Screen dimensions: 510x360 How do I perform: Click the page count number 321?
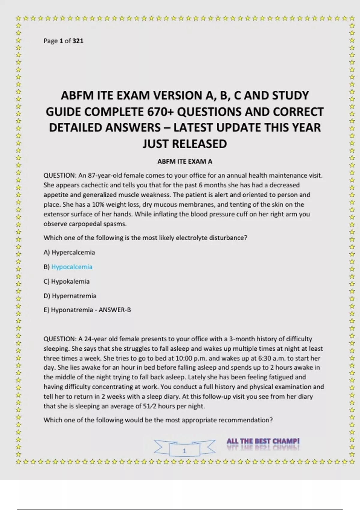pos(78,41)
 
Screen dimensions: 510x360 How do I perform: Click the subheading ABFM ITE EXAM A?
pos(185,161)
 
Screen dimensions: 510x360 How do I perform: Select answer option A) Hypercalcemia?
pos(69,252)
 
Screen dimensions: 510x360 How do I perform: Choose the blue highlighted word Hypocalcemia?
pos(72,267)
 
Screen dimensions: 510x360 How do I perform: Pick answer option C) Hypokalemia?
pos(67,281)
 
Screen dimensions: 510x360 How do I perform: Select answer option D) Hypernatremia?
pos(70,296)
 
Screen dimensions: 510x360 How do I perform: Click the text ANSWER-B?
pos(115,310)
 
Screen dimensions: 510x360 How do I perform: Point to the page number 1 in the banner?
pos(184,451)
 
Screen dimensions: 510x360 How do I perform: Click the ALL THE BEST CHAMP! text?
pos(263,441)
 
